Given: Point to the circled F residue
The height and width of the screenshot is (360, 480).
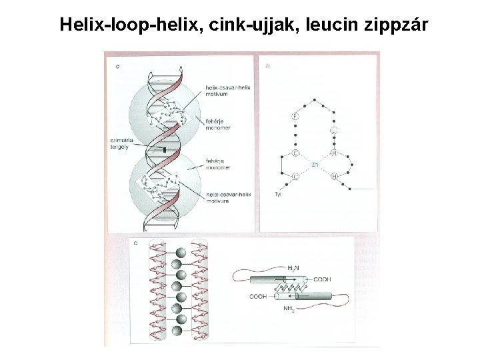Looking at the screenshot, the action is tap(295, 117).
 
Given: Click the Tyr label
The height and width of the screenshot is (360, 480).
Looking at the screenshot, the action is tap(279, 194).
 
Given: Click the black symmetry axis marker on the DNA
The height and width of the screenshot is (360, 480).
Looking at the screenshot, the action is tap(164, 151).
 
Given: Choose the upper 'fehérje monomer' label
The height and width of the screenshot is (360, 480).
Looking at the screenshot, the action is tap(218, 123).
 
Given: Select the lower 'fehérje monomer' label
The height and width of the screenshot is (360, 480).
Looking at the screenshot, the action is tap(218, 165).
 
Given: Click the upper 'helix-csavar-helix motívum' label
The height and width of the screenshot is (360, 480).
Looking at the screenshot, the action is tap(226, 91).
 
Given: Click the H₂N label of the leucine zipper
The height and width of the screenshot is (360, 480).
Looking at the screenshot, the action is tap(293, 267).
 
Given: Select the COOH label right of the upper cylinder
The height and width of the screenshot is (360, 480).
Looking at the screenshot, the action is tap(322, 279).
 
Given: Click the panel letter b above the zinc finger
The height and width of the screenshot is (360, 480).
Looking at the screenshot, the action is tap(268, 66).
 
